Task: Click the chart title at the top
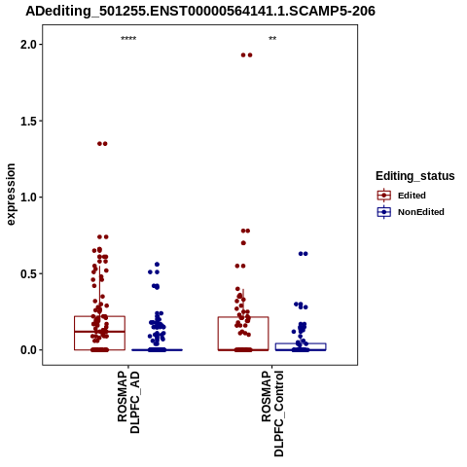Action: click(x=200, y=11)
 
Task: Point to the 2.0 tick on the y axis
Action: click(x=28, y=45)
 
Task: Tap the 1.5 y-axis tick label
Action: click(x=28, y=121)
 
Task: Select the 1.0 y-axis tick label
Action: click(x=28, y=198)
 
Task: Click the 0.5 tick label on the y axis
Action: click(x=28, y=273)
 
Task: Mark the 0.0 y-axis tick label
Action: click(x=28, y=350)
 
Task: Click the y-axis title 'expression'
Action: click(x=11, y=195)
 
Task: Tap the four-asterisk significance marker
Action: click(x=128, y=39)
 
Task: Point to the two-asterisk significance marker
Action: click(x=272, y=38)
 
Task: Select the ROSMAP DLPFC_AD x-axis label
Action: click(x=128, y=403)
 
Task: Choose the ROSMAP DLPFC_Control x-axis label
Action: click(x=272, y=413)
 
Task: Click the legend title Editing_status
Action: click(x=415, y=176)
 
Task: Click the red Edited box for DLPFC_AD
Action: click(x=99, y=316)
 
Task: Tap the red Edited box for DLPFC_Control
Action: click(x=243, y=317)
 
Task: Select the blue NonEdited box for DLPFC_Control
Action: click(x=301, y=343)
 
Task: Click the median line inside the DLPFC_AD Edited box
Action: click(x=99, y=332)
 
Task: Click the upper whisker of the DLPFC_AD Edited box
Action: click(x=99, y=291)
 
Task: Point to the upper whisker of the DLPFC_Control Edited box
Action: click(x=243, y=303)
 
